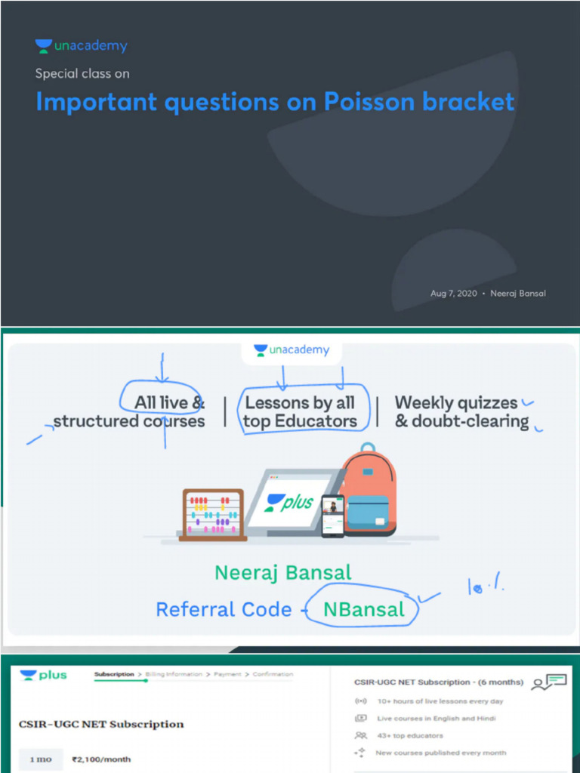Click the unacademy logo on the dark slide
click(82, 46)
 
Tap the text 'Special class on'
click(82, 74)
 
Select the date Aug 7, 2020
click(453, 293)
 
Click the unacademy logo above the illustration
click(292, 350)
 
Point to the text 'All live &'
click(169, 402)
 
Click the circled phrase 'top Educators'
click(300, 421)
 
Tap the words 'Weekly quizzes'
click(456, 402)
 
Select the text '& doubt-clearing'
click(461, 421)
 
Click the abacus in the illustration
click(212, 515)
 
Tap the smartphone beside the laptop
click(332, 516)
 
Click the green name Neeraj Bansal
click(283, 572)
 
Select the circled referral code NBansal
click(363, 609)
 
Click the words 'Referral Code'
click(224, 609)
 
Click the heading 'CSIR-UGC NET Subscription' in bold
click(101, 724)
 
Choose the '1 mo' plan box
click(41, 759)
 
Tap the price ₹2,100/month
click(100, 759)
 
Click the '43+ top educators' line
click(409, 735)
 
